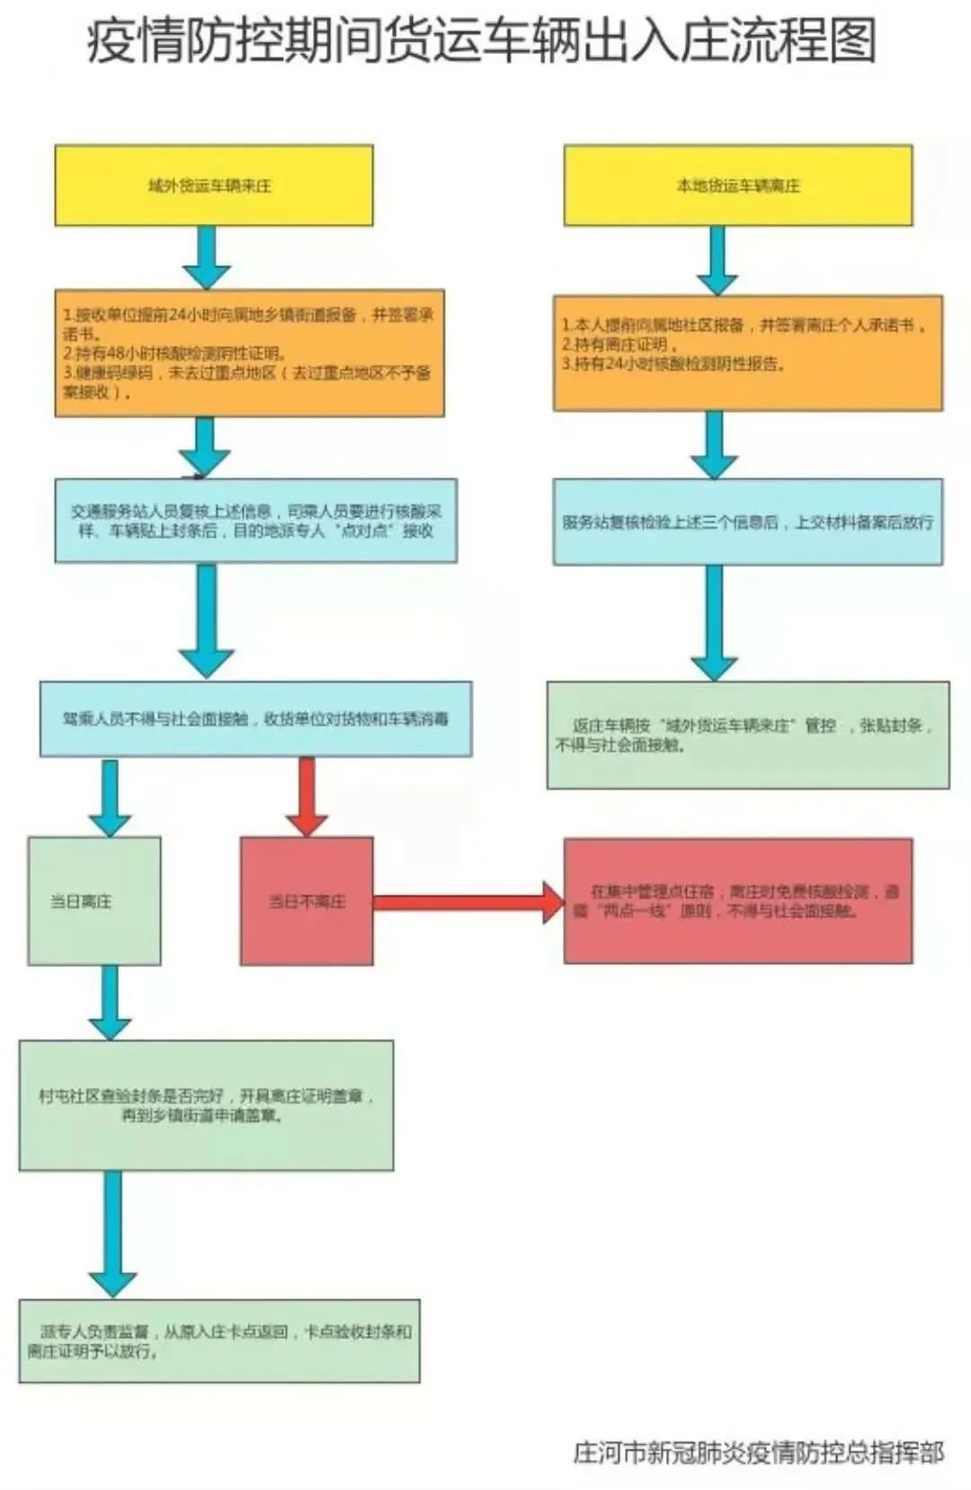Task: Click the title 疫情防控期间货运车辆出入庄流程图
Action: point(481,41)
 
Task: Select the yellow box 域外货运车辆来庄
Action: point(213,185)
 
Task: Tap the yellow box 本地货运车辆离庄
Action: point(737,185)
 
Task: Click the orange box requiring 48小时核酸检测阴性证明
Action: point(249,352)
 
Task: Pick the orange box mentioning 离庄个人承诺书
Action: point(747,352)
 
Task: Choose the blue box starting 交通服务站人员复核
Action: point(255,521)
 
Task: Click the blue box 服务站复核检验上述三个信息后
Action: point(747,522)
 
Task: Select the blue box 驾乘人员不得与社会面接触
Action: point(255,718)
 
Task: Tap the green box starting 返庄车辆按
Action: point(747,735)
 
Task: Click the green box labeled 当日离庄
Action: point(94,901)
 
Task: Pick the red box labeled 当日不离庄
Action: point(306,901)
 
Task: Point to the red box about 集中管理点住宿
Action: point(737,901)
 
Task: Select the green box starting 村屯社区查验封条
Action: point(206,1105)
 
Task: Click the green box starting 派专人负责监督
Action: point(218,1341)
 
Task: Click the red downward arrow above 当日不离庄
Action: point(307,796)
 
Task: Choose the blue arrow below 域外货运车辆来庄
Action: point(207,256)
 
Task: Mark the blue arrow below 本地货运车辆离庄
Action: point(717,259)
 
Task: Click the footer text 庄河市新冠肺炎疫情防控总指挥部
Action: point(758,1452)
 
